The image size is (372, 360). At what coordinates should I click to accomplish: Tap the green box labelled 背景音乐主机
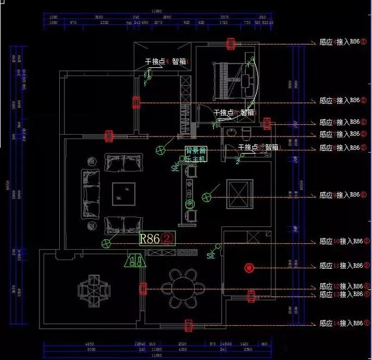click(x=196, y=154)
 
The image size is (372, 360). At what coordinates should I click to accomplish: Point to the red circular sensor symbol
click(x=249, y=268)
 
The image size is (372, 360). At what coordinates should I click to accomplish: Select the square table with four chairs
click(x=94, y=288)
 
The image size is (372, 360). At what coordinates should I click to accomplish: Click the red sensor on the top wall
click(x=231, y=44)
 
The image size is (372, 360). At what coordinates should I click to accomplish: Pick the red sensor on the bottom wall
click(x=188, y=325)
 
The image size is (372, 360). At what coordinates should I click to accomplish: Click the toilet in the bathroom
click(x=246, y=134)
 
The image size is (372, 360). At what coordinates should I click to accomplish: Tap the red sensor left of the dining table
click(x=143, y=289)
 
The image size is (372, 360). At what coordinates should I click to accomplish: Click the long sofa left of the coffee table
click(x=91, y=193)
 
